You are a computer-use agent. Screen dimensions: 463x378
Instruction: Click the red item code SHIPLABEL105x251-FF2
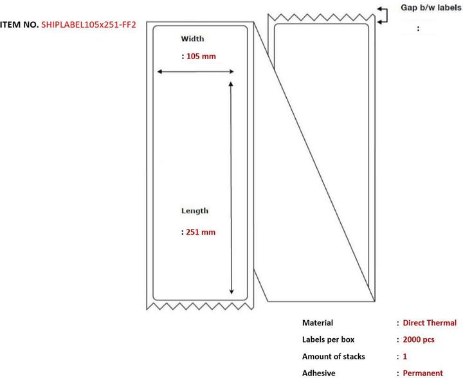point(88,24)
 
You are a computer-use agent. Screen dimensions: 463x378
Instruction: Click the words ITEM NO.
point(19,24)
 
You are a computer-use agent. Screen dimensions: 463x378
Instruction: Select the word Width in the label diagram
point(192,39)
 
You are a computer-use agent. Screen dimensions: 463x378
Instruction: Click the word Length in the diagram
point(194,210)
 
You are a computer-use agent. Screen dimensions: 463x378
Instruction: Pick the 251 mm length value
point(200,232)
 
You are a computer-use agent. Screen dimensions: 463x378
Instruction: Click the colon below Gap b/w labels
point(419,28)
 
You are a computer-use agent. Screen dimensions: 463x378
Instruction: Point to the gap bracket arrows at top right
point(383,15)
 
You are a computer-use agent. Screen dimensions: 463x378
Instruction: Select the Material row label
point(318,323)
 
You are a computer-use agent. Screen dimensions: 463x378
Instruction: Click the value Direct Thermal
point(430,323)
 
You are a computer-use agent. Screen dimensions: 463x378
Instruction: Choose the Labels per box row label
point(328,339)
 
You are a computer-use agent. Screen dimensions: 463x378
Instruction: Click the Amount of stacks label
point(333,355)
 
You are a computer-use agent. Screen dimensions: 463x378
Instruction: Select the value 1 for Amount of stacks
point(406,355)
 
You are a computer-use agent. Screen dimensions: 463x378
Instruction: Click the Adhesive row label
point(318,372)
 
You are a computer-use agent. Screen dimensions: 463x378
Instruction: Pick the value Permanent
point(423,372)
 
